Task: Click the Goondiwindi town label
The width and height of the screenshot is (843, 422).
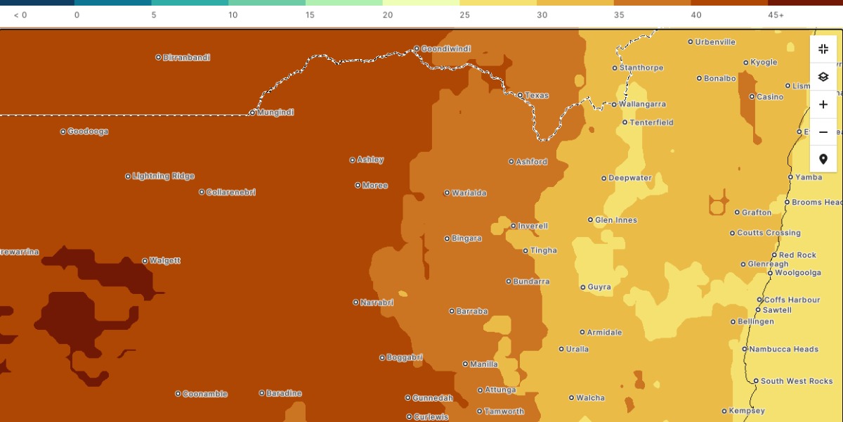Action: tap(446, 49)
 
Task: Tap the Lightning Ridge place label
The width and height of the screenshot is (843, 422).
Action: tap(164, 177)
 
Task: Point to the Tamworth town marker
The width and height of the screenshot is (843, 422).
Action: tap(480, 411)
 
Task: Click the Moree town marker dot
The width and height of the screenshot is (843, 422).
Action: tap(358, 186)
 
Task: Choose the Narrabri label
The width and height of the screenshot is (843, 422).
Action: tap(377, 302)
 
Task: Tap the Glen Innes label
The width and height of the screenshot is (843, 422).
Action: tap(616, 220)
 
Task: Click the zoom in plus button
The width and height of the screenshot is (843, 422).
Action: tap(823, 105)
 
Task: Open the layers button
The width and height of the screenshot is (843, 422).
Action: tap(823, 77)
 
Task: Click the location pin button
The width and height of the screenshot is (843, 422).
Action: tap(823, 160)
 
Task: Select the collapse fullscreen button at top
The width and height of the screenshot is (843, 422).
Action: tap(823, 49)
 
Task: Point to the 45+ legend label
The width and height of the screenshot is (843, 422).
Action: tap(776, 15)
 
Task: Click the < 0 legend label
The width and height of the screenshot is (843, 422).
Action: tap(20, 15)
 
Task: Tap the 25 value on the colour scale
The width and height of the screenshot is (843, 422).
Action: tap(464, 15)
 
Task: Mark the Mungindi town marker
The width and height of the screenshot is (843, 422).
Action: tap(253, 113)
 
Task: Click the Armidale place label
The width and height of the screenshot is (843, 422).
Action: tap(604, 333)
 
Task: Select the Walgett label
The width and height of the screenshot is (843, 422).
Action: tap(165, 261)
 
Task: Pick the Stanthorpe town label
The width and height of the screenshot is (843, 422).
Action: tap(641, 68)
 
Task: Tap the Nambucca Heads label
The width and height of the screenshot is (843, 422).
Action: tap(783, 350)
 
